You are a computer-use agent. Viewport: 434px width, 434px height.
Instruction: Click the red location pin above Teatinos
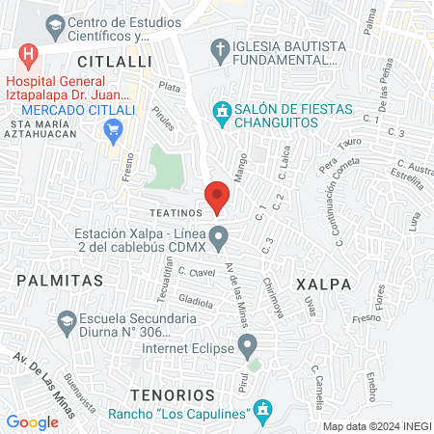(x=217, y=196)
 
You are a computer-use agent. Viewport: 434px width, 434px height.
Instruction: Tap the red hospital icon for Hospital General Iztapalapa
(x=28, y=54)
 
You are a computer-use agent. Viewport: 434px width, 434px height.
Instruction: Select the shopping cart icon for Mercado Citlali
(x=115, y=129)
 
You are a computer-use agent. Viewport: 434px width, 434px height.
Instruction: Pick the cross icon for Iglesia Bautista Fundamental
(x=220, y=48)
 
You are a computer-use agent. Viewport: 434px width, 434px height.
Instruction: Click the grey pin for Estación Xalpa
(x=219, y=235)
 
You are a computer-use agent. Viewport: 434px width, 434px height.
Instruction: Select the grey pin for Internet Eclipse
(x=248, y=343)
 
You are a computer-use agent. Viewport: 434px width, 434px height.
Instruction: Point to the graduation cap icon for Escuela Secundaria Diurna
(x=67, y=320)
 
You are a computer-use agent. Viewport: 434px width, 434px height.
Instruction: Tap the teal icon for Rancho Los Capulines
(x=263, y=413)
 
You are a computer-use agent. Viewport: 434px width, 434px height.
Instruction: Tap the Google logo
(x=32, y=421)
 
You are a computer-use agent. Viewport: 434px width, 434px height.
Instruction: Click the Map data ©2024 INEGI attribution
(x=375, y=426)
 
